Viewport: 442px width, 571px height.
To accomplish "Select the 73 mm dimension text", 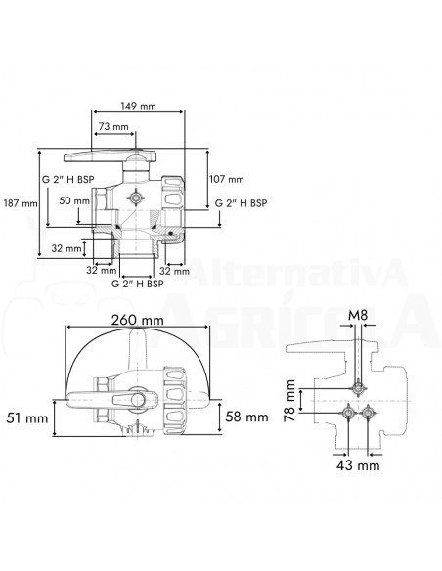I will [x=114, y=128].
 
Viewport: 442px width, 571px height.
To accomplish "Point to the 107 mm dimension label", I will [x=227, y=179].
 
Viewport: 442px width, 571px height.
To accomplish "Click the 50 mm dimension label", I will [x=72, y=200].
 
